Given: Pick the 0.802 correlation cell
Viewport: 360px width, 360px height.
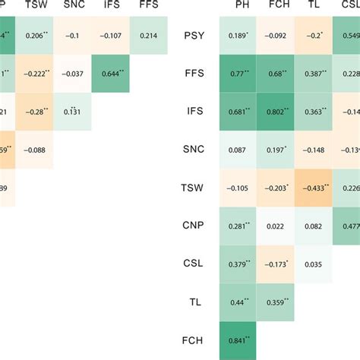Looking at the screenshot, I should pyautogui.click(x=273, y=112).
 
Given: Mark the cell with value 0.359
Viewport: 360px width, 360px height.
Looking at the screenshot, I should pyautogui.click(x=273, y=302).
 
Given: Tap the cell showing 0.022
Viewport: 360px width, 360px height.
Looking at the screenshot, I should pyautogui.click(x=273, y=226).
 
